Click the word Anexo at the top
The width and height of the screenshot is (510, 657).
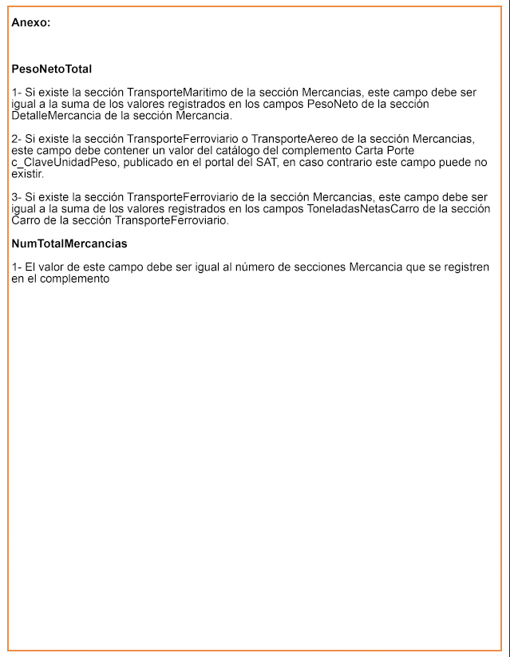(30, 22)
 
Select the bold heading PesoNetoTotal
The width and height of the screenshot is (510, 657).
(51, 69)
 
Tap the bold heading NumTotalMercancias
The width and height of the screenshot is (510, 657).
(69, 243)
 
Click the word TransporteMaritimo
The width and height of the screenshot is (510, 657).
(177, 93)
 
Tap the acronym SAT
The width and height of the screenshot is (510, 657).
(266, 162)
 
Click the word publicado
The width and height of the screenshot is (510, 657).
(152, 162)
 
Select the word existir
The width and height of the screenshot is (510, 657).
(27, 173)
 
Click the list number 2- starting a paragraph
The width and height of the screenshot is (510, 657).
(16, 139)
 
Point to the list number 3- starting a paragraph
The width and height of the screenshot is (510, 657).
(16, 196)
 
